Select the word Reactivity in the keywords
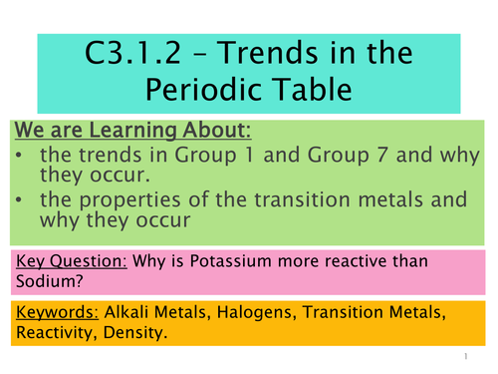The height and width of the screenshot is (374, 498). coord(58,334)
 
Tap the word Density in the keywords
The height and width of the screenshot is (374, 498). coord(145,334)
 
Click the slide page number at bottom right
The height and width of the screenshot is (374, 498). coord(466,356)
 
